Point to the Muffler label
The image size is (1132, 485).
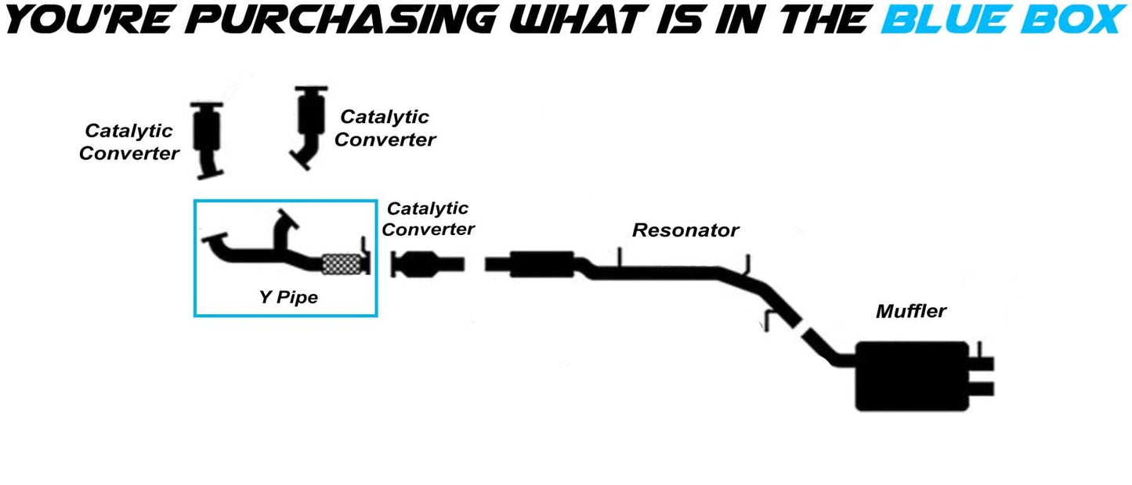click(911, 311)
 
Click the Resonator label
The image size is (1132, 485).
click(685, 230)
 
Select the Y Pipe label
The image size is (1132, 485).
click(288, 297)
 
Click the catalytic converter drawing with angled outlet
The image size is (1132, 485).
click(309, 121)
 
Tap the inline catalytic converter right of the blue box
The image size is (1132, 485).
click(427, 264)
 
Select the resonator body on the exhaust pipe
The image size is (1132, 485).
click(542, 264)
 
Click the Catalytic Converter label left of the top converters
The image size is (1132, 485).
click(128, 142)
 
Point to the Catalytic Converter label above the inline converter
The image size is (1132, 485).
click(428, 219)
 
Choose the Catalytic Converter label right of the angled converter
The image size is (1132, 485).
click(385, 128)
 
